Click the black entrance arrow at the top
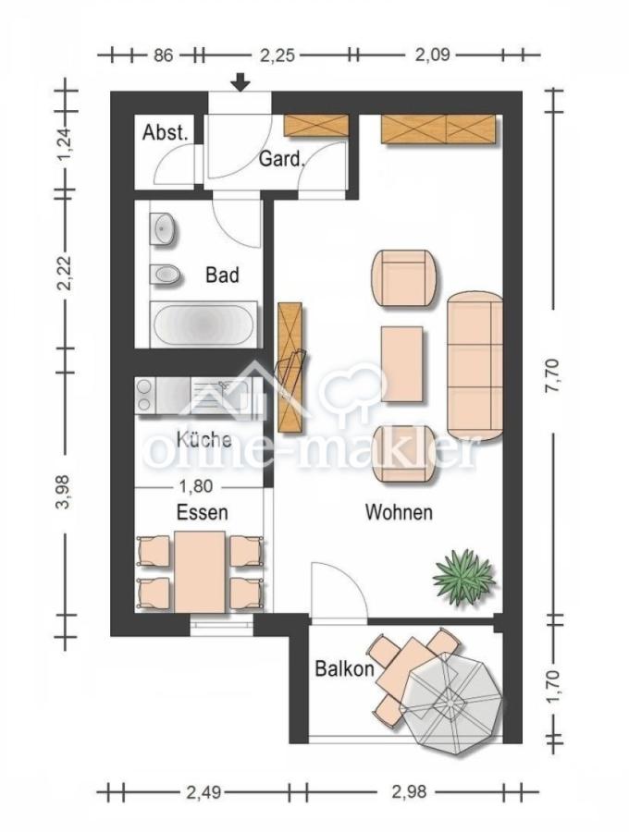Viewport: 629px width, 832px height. pyautogui.click(x=241, y=82)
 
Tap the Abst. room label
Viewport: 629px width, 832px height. pyautogui.click(x=165, y=132)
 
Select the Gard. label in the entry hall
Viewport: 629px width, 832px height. pyautogui.click(x=282, y=159)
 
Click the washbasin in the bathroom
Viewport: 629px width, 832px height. pyautogui.click(x=164, y=229)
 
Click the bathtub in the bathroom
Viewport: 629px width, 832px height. pyautogui.click(x=203, y=324)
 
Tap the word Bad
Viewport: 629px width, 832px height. pyautogui.click(x=222, y=275)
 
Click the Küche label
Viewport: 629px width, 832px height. pyautogui.click(x=203, y=439)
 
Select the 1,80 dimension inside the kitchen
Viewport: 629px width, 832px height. pyautogui.click(x=196, y=485)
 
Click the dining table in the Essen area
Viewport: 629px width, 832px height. pyautogui.click(x=200, y=571)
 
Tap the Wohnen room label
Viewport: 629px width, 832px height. pyautogui.click(x=400, y=512)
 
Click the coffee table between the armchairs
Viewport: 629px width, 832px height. pyautogui.click(x=401, y=364)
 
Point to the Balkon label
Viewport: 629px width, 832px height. pyautogui.click(x=344, y=668)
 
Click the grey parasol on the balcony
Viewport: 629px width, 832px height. pyautogui.click(x=450, y=705)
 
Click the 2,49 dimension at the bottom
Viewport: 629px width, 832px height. pyautogui.click(x=203, y=792)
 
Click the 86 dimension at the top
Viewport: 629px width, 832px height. pyautogui.click(x=163, y=55)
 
